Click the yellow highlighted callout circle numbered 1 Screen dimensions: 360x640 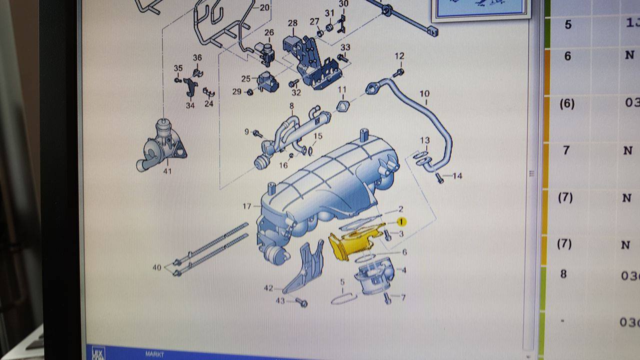[x=401, y=221]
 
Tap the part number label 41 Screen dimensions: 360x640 [x=167, y=171]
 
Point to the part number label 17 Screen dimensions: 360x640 [x=246, y=206]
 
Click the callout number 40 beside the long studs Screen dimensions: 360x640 [x=157, y=267]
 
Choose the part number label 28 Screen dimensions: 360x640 [x=292, y=23]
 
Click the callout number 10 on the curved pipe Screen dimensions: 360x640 [x=424, y=93]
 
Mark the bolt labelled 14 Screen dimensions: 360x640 [x=439, y=177]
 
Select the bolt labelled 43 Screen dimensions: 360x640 [x=301, y=302]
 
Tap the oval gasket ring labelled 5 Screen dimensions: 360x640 [x=343, y=299]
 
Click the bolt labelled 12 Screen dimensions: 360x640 [x=398, y=72]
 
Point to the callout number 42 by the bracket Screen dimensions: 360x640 [x=268, y=288]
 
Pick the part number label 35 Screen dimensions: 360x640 [x=178, y=68]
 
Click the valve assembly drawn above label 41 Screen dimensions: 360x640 [x=161, y=144]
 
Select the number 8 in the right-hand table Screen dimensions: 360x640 [x=563, y=274]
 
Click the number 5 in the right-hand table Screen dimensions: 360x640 [x=568, y=24]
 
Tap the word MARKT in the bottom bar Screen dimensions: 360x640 [x=154, y=354]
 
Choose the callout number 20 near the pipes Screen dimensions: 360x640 [x=264, y=7]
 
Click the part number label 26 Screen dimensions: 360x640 [x=269, y=33]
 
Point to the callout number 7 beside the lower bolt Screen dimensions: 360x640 [x=403, y=297]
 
